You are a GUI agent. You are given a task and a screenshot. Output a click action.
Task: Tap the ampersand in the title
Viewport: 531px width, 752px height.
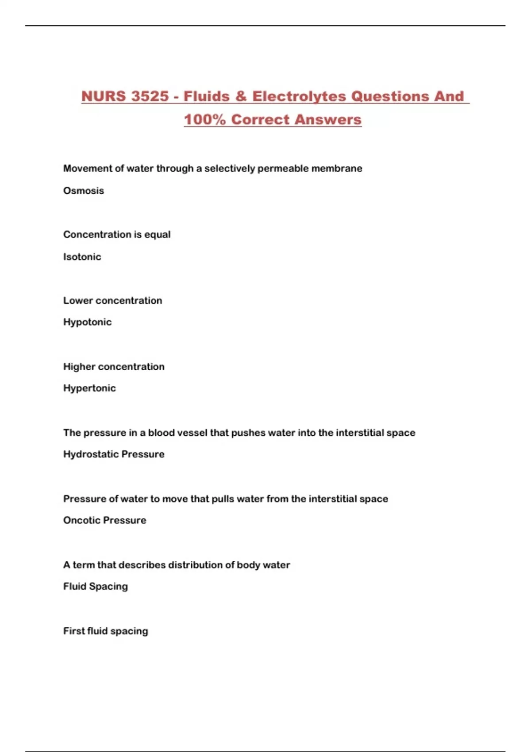click(241, 96)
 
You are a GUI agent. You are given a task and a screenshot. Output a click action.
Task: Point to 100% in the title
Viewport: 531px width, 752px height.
click(204, 119)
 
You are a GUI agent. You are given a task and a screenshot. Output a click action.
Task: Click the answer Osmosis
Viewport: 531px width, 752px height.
click(84, 191)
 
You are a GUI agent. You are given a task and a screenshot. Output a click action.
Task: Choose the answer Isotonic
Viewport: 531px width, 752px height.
click(82, 257)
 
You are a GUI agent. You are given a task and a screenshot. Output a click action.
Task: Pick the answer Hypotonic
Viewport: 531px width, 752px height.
click(87, 322)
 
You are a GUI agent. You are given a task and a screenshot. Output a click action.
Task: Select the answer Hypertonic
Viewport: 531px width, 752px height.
click(89, 388)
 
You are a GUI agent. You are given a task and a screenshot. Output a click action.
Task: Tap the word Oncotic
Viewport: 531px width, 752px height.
click(81, 520)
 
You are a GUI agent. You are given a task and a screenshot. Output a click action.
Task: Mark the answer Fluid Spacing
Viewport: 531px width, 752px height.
click(96, 586)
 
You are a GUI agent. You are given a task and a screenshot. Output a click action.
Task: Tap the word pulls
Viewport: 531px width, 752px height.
click(223, 499)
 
